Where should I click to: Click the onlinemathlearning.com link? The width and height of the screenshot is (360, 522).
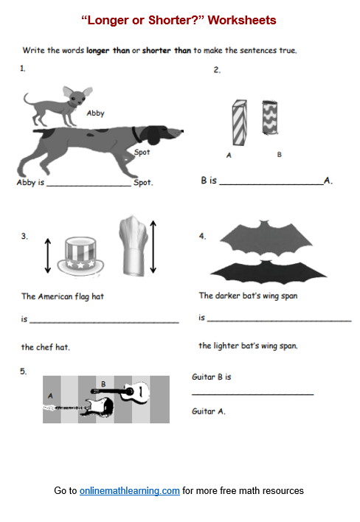pyautogui.click(x=130, y=490)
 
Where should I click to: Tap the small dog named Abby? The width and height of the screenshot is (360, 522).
pyautogui.click(x=58, y=105)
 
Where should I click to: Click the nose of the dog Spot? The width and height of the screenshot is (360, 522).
pyautogui.click(x=181, y=131)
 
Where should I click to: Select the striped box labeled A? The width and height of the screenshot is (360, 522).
pyautogui.click(x=240, y=122)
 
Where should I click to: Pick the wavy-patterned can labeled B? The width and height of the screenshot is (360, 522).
pyautogui.click(x=270, y=117)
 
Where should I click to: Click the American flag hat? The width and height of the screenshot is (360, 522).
pyautogui.click(x=80, y=256)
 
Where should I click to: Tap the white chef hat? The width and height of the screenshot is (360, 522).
pyautogui.click(x=134, y=246)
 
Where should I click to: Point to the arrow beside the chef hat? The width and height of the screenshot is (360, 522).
pyautogui.click(x=153, y=247)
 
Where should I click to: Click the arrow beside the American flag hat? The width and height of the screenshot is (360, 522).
pyautogui.click(x=48, y=256)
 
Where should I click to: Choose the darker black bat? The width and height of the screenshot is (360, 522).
pyautogui.click(x=268, y=272)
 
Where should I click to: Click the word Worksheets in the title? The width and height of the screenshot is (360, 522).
pyautogui.click(x=242, y=21)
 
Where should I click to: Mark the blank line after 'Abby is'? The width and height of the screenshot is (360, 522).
pyautogui.click(x=89, y=186)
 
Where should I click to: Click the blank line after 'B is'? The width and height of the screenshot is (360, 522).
pyautogui.click(x=271, y=184)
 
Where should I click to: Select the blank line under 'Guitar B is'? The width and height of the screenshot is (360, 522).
pyautogui.click(x=253, y=394)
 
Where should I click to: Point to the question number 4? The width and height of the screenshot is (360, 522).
pyautogui.click(x=202, y=237)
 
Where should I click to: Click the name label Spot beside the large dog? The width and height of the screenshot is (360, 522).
pyautogui.click(x=142, y=152)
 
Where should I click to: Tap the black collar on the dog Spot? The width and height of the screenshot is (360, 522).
pyautogui.click(x=136, y=134)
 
